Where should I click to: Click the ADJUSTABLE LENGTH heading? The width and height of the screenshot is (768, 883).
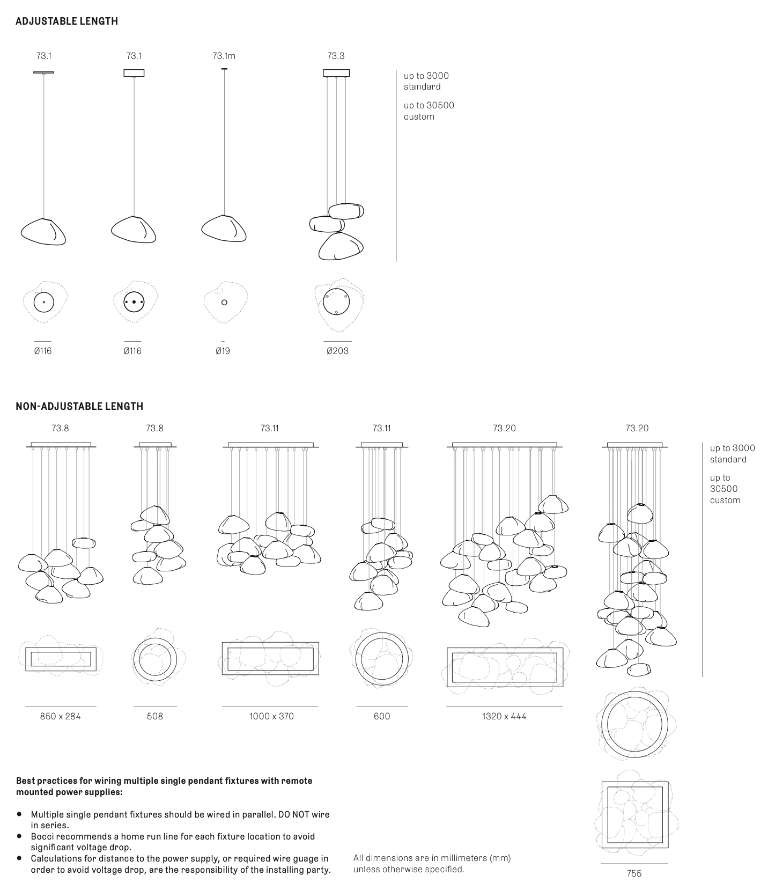(67, 21)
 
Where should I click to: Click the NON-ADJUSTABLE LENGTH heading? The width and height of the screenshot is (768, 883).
(79, 406)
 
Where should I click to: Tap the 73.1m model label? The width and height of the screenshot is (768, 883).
(224, 56)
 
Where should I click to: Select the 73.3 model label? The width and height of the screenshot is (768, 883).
(336, 56)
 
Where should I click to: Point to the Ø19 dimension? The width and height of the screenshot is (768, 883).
(223, 351)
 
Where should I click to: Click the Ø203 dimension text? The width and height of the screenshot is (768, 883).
(337, 351)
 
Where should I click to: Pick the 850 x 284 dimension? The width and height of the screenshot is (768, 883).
(60, 716)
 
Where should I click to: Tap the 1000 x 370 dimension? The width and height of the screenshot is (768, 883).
(271, 716)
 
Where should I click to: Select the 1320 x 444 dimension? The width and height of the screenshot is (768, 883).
(504, 716)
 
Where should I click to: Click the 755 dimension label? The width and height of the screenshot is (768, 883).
(634, 873)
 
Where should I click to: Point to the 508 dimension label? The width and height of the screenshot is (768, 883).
(154, 716)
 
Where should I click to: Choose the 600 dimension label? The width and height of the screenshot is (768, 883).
(382, 716)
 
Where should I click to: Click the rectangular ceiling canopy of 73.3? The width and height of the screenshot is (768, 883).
(336, 73)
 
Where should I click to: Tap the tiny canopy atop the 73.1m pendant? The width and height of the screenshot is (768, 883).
(224, 69)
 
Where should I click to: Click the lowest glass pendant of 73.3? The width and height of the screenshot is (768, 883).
(341, 246)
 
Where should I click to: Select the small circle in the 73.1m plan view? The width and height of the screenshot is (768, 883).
(224, 303)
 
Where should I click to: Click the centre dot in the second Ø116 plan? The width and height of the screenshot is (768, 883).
(134, 303)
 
